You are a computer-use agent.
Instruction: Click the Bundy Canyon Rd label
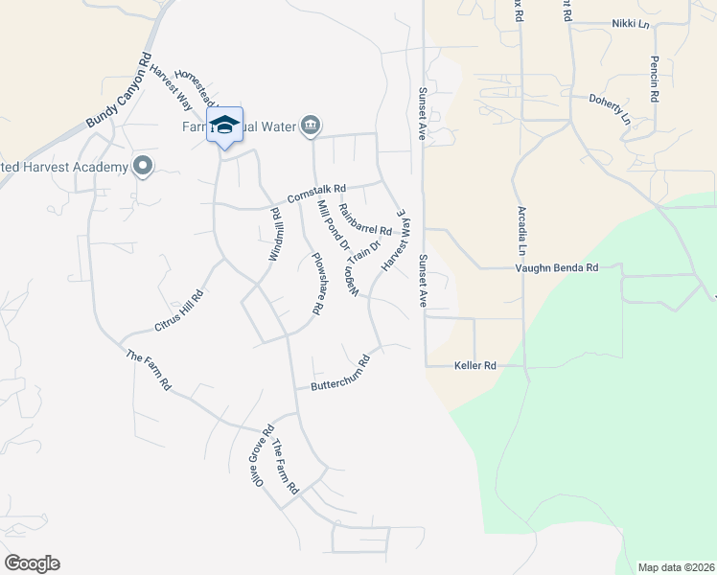click(119, 92)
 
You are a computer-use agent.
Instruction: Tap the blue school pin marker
click(224, 125)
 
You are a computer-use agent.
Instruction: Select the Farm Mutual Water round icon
click(311, 126)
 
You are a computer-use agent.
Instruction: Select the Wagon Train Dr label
click(352, 271)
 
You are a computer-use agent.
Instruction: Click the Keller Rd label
click(474, 365)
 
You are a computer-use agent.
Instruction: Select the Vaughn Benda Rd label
click(558, 268)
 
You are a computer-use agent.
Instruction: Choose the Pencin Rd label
click(654, 80)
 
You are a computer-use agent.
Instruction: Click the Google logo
click(32, 563)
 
